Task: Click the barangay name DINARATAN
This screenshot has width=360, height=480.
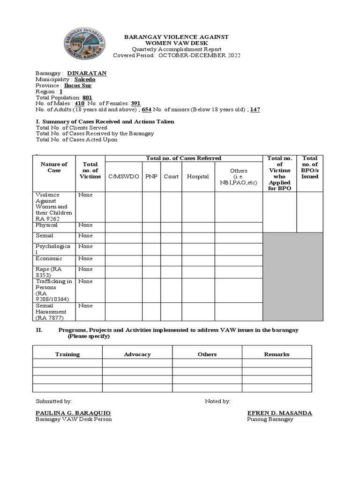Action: (87, 73)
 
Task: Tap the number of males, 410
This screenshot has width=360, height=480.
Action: (79, 104)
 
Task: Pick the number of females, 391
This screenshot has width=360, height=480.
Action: (135, 104)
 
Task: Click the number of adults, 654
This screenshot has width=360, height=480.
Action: (146, 110)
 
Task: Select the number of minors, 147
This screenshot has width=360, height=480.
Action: (255, 110)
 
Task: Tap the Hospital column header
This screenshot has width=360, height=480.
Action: (198, 176)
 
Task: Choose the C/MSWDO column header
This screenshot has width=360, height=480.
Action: (123, 176)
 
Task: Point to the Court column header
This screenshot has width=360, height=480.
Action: (171, 176)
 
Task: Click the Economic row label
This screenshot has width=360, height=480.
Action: (49, 258)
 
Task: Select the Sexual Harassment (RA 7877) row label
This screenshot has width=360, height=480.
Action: (51, 312)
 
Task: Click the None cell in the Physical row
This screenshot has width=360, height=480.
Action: (85, 225)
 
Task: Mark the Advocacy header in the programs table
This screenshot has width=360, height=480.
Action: (137, 354)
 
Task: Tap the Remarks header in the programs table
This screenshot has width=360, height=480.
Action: (277, 354)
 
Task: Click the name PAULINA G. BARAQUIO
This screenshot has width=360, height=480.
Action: (73, 413)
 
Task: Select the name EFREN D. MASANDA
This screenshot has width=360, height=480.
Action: (279, 413)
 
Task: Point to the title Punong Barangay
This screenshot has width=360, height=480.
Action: (270, 419)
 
